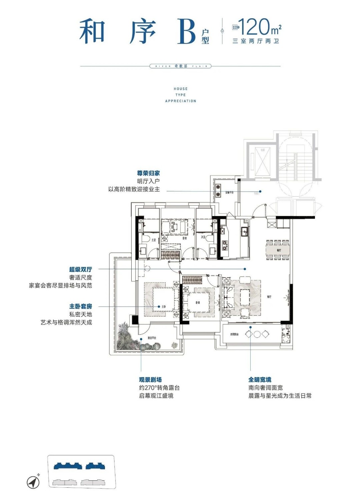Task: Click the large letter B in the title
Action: [186, 32]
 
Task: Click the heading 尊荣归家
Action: [148, 173]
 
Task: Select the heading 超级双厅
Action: [81, 269]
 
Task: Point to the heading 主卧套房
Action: [81, 306]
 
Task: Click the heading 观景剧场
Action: [150, 380]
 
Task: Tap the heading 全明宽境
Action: [260, 380]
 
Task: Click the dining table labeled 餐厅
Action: [278, 250]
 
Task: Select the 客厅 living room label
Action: [269, 297]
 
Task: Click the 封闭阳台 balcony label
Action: [234, 334]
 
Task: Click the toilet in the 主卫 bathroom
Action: [145, 239]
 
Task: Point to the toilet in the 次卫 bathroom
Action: [209, 239]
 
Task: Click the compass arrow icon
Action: [33, 482]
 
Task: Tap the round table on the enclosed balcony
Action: [257, 334]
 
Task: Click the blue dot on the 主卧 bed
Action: [159, 307]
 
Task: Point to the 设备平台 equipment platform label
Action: [229, 193]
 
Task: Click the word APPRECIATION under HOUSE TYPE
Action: [181, 101]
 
